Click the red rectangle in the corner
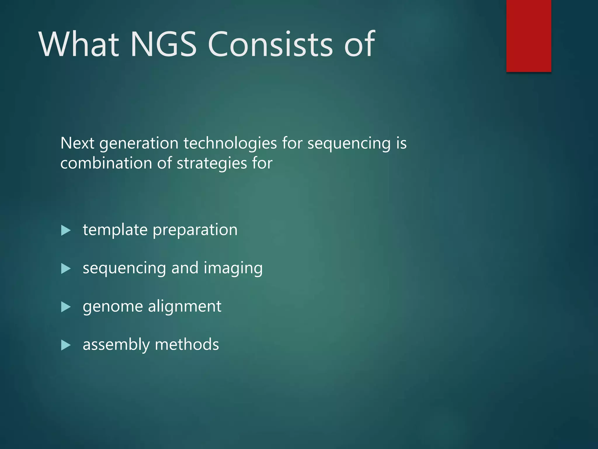[529, 36]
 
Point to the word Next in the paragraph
[77, 143]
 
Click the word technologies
[230, 143]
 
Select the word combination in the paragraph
[106, 163]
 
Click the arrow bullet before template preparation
[66, 230]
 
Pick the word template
[115, 230]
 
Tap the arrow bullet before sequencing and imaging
[66, 269]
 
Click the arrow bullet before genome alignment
[66, 307]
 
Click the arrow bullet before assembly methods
[66, 345]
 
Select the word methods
[187, 344]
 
